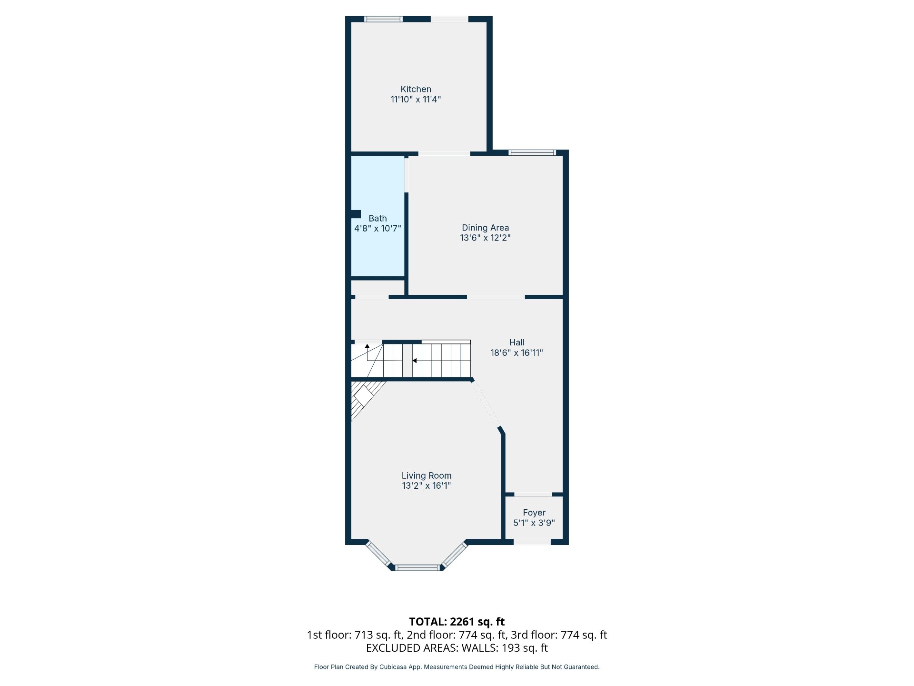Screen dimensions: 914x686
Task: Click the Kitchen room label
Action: (x=416, y=89)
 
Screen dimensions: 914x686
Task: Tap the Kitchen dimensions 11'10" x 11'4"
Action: (x=416, y=100)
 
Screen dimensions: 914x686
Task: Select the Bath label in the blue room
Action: (x=378, y=218)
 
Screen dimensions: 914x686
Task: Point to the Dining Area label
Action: (x=485, y=228)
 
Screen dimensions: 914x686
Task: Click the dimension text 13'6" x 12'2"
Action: (x=485, y=238)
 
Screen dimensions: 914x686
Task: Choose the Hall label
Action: (x=517, y=343)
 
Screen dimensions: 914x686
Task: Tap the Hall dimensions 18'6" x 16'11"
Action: (x=517, y=353)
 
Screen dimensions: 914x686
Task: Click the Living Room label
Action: (x=426, y=475)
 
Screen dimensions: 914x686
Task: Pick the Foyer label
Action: (x=534, y=513)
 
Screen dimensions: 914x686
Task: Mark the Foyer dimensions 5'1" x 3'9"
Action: (x=534, y=523)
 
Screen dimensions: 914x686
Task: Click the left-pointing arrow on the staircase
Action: (x=414, y=361)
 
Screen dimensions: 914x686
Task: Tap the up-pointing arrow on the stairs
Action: (x=367, y=346)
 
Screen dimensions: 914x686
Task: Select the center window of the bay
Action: (x=417, y=567)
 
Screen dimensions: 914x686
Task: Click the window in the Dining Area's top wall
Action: (x=532, y=153)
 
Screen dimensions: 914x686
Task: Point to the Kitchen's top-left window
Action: (x=383, y=19)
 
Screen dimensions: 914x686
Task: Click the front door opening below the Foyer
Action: (x=532, y=542)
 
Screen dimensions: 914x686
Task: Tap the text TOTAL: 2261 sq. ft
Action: (x=457, y=622)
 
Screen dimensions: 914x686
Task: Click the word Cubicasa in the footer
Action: (x=393, y=667)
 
